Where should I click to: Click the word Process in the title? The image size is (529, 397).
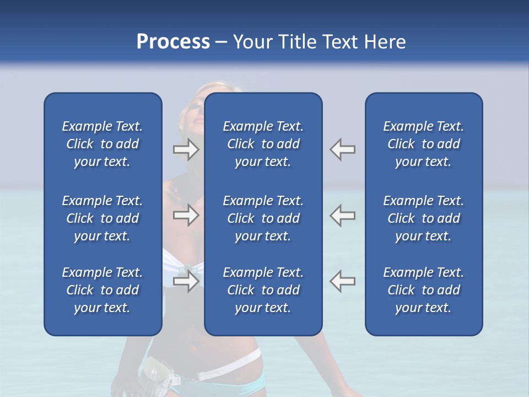(173, 42)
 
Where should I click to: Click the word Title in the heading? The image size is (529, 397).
(300, 42)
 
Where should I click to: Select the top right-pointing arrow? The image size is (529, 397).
(186, 149)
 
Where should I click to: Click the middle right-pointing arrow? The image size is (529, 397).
(186, 215)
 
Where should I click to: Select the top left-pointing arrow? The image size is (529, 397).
(343, 149)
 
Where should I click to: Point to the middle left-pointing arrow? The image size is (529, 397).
(343, 215)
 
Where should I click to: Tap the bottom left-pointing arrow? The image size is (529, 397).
(343, 281)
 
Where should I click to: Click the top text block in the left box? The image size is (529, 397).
(102, 144)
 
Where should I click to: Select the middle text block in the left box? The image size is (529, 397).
(102, 218)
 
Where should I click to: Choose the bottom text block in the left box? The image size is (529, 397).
(102, 290)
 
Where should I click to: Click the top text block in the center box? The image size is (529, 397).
(263, 144)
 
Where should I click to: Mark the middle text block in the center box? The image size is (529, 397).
(263, 218)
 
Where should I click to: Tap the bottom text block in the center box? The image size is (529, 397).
(263, 290)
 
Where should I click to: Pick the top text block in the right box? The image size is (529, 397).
(423, 144)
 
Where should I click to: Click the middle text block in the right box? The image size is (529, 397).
(423, 218)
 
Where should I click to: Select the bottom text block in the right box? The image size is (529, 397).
(423, 290)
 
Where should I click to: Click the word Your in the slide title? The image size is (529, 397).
(253, 42)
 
